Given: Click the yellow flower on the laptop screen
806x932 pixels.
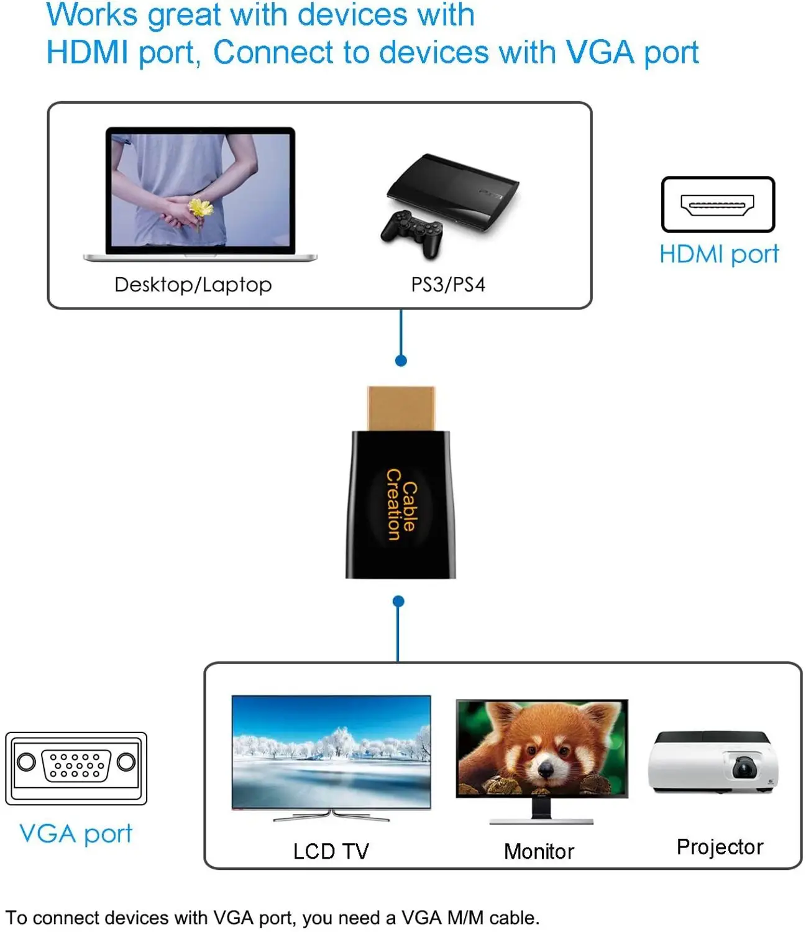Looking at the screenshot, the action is click(x=200, y=208).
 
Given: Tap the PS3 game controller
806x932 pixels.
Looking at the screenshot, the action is click(x=411, y=233).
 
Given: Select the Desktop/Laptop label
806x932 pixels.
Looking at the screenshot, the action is click(x=193, y=285).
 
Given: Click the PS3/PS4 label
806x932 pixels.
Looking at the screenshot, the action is click(x=448, y=285).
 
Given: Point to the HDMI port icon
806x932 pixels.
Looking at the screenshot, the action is click(x=718, y=204).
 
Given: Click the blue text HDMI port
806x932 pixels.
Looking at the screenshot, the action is click(x=719, y=254).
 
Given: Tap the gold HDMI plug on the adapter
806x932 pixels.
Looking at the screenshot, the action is click(x=401, y=408).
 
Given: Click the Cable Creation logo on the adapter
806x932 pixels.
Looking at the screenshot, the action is click(x=401, y=504).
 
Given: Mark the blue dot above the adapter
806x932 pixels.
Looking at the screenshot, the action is click(x=401, y=361).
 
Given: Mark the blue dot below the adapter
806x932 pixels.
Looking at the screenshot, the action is click(x=398, y=601).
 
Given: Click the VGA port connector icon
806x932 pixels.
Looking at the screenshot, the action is click(x=76, y=769).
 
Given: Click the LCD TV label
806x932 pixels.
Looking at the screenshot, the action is click(x=331, y=851).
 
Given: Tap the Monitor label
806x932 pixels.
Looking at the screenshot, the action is click(x=539, y=851).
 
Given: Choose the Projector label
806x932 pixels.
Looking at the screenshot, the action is click(x=720, y=847).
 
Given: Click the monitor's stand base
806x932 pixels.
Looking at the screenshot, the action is click(x=541, y=821).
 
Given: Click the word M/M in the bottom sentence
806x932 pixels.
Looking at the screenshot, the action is click(x=465, y=918).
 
